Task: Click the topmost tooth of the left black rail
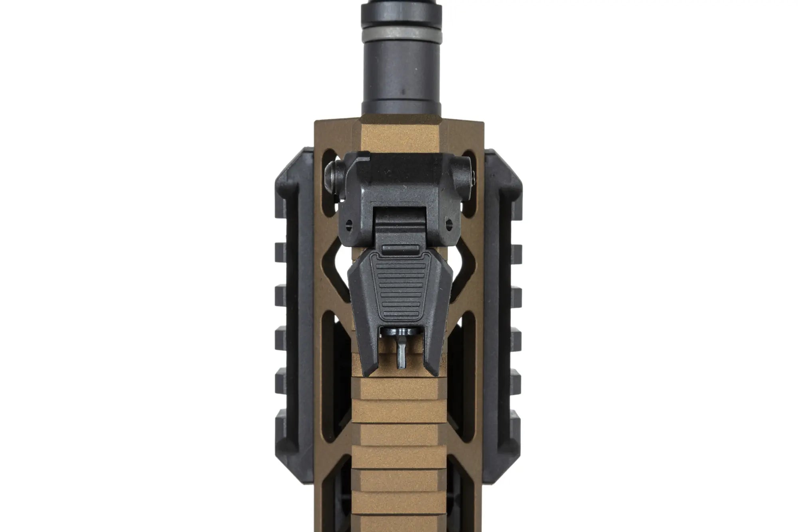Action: [x=280, y=250]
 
